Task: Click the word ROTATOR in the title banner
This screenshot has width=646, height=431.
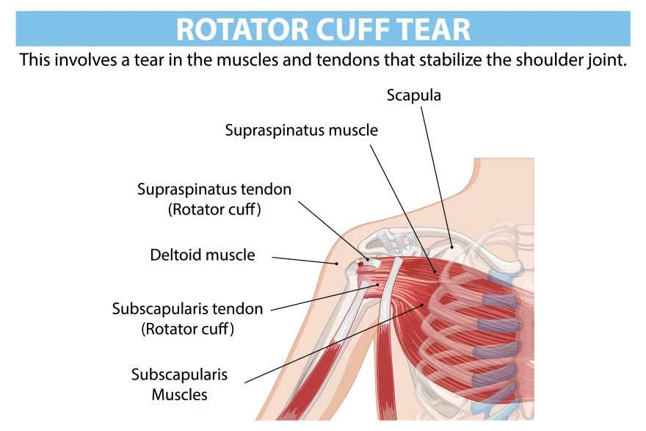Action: pos(235,29)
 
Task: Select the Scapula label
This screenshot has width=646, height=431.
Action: pos(414,95)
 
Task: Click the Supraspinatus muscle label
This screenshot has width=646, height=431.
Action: pos(301,131)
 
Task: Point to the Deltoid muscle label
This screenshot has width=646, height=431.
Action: pos(203,256)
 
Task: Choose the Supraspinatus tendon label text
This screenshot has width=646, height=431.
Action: pos(214,189)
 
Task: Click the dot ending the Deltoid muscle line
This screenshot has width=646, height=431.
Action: pos(337,263)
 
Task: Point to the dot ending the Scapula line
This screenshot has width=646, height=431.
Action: pos(451,247)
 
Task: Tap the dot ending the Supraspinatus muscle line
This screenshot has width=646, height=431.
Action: pos(435,272)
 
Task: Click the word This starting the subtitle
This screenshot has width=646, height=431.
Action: pos(35,59)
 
